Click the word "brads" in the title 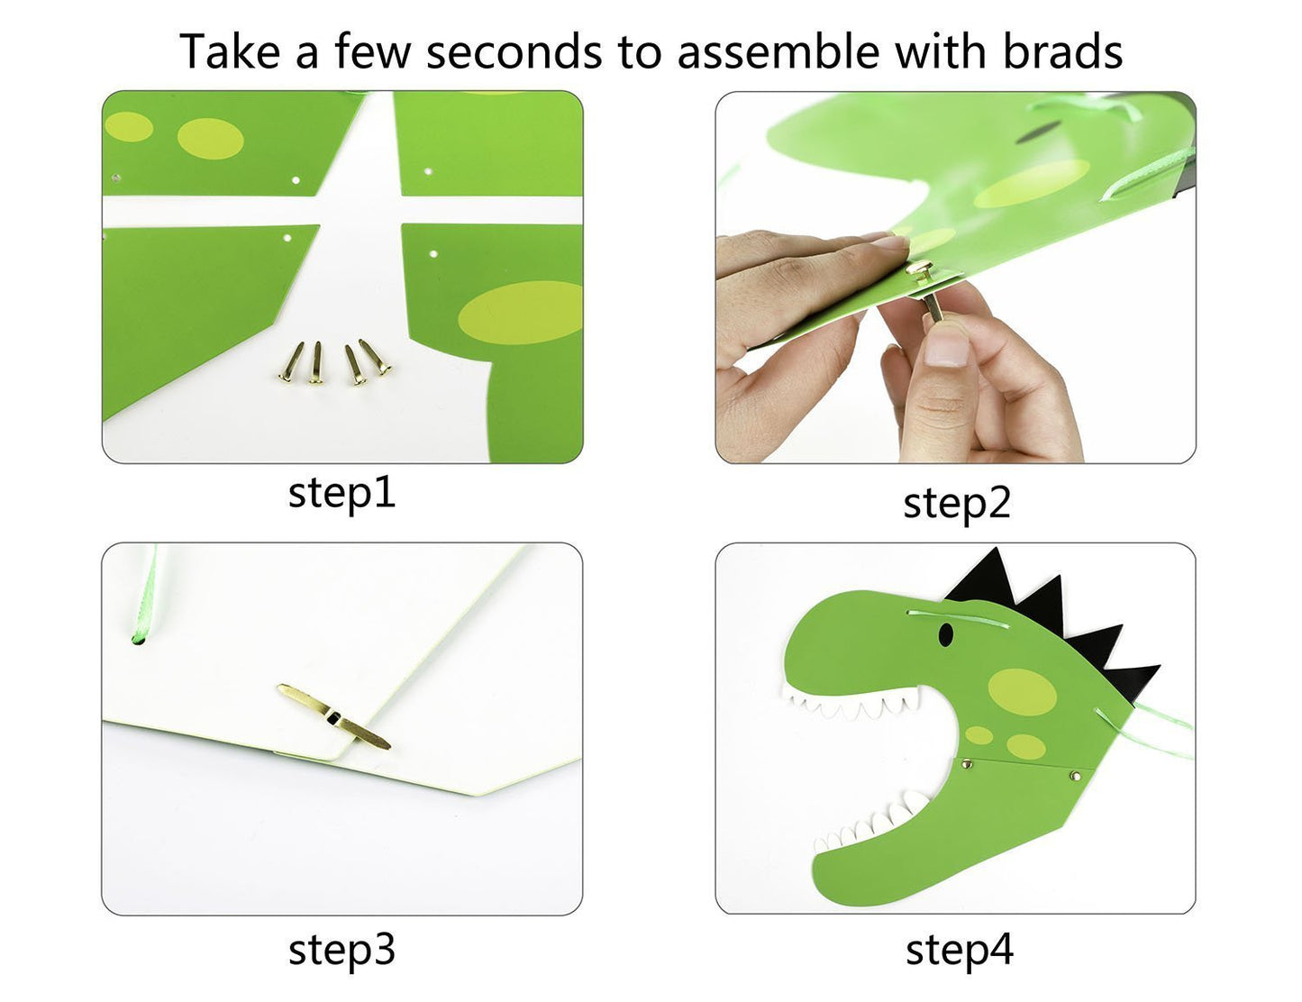[x=1061, y=51]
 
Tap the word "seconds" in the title [x=514, y=51]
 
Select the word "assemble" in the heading [x=778, y=51]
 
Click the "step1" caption [x=341, y=494]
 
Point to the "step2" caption [x=957, y=503]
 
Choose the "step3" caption [x=341, y=950]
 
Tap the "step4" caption [x=960, y=950]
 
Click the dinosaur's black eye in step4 [x=945, y=634]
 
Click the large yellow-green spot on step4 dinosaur [x=1022, y=692]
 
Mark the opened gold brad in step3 [x=333, y=716]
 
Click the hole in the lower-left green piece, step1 [x=287, y=238]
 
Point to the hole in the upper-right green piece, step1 [x=428, y=172]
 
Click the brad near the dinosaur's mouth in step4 [x=967, y=763]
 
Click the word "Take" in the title [x=230, y=51]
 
